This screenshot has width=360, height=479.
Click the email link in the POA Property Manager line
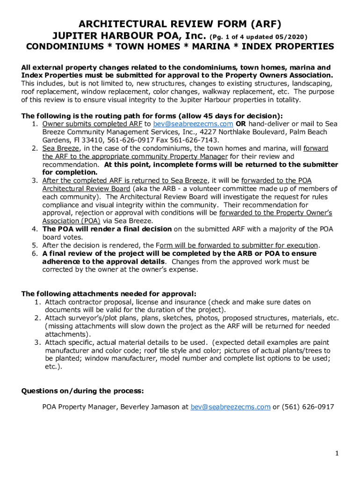[230, 407]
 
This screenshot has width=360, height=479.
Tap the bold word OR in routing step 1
[241, 124]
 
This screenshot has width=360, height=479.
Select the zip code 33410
[88, 140]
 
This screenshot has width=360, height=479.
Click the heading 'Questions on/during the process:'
[82, 391]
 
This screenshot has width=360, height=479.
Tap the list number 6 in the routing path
[35, 254]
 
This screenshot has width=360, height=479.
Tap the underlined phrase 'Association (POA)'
[71, 221]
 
